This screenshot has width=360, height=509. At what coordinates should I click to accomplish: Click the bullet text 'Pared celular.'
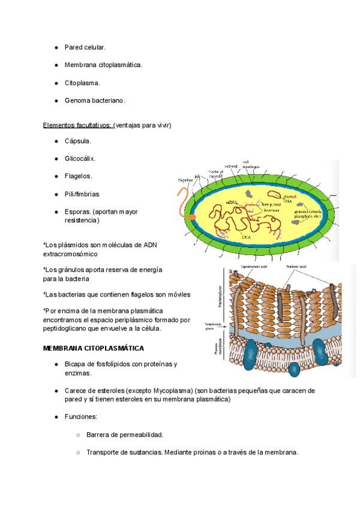pyautogui.click(x=85, y=47)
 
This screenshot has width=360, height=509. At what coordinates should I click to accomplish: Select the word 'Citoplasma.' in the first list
pyautogui.click(x=82, y=83)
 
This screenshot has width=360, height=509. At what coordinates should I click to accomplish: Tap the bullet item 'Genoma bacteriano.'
pyautogui.click(x=95, y=101)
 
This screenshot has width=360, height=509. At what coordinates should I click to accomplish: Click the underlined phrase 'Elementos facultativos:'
pyautogui.click(x=77, y=125)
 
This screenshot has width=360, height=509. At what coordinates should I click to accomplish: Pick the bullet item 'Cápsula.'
pyautogui.click(x=78, y=141)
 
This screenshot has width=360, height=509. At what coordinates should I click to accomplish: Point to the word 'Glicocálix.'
pyautogui.click(x=80, y=158)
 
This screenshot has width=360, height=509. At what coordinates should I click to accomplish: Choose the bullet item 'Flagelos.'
pyautogui.click(x=79, y=176)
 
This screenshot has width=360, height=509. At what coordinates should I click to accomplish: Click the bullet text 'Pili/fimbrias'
pyautogui.click(x=82, y=194)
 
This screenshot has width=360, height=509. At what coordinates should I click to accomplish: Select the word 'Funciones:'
pyautogui.click(x=81, y=417)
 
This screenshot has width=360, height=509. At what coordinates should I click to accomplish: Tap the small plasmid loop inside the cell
pyautogui.click(x=273, y=195)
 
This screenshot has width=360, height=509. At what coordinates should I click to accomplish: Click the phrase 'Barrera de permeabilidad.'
pyautogui.click(x=125, y=435)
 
